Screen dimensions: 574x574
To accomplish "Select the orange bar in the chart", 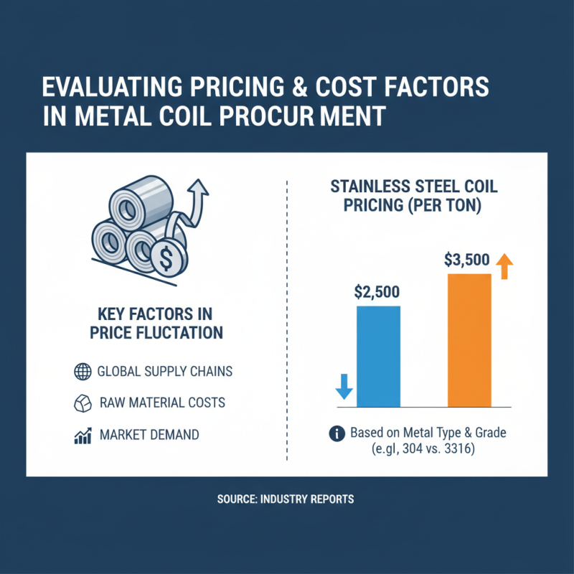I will [x=469, y=341].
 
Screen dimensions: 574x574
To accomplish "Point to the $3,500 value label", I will [x=468, y=261].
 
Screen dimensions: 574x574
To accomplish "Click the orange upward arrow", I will [x=504, y=265].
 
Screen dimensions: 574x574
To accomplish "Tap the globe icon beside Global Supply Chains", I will [x=81, y=372].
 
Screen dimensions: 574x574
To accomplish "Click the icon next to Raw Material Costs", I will [x=81, y=403].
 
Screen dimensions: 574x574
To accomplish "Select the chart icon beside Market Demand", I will [x=81, y=435].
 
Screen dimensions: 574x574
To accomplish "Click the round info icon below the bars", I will [x=335, y=433].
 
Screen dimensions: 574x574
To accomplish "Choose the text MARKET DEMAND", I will [x=149, y=435].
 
